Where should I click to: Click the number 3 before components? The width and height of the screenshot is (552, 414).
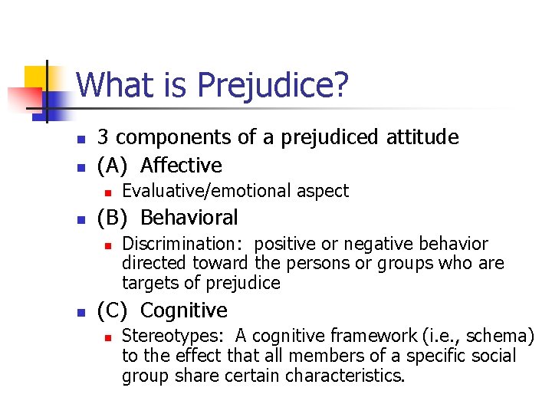click(x=103, y=137)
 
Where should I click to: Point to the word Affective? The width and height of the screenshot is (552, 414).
click(x=182, y=165)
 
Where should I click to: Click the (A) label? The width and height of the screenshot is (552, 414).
click(x=113, y=165)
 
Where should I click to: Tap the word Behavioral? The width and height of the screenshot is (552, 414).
click(x=189, y=218)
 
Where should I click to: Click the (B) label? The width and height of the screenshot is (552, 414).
click(x=113, y=218)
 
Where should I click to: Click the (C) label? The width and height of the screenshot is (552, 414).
click(x=113, y=310)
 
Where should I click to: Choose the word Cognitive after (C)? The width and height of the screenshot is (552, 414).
click(x=184, y=310)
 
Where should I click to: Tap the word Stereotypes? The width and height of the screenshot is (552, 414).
click(x=175, y=336)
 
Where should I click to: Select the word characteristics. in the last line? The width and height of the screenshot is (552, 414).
click(x=344, y=376)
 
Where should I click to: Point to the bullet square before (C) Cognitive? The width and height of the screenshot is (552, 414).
click(x=80, y=312)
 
